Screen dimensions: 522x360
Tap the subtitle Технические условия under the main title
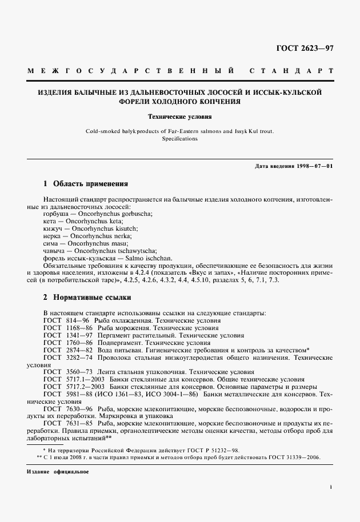180,117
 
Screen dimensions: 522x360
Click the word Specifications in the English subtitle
179,139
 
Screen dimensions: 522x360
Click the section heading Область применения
90,184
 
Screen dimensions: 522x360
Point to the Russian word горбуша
55,213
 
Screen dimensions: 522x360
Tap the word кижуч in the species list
53,228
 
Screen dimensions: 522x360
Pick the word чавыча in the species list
54,250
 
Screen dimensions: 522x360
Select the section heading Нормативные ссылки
92,298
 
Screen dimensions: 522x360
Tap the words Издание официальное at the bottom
57,473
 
